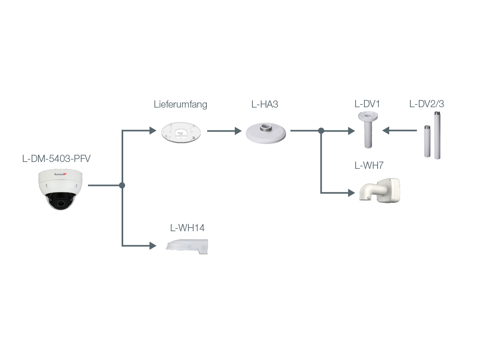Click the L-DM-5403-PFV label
56,159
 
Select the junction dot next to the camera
122,186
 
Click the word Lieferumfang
180,105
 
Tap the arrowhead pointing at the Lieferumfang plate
152,130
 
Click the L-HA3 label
265,105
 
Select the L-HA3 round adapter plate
266,133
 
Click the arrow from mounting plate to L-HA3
224,130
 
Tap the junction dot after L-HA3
321,130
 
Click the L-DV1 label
367,104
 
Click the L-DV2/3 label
427,104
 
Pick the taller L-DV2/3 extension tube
437,136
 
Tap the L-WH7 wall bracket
380,190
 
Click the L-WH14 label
187,228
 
